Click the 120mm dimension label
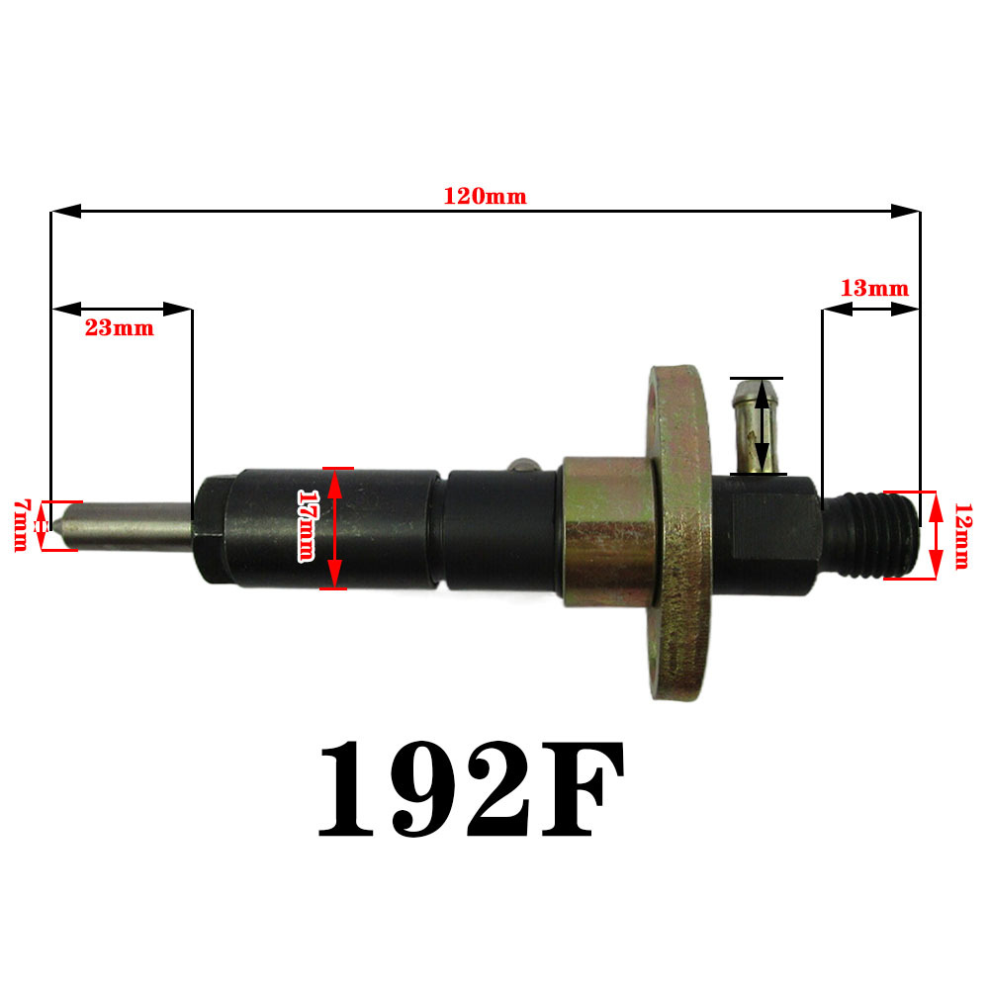click(485, 196)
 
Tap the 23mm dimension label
click(120, 328)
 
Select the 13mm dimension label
click(875, 288)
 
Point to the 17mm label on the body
click(307, 525)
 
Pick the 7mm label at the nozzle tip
click(22, 525)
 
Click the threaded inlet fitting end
click(871, 534)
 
